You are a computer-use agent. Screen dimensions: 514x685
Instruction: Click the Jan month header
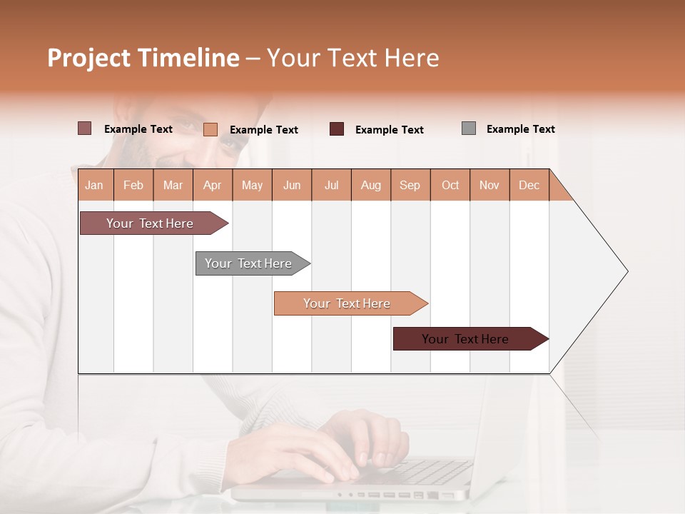[94, 185]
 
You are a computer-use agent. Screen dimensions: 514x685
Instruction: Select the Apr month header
[212, 185]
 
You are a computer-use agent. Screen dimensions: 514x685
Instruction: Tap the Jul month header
[331, 185]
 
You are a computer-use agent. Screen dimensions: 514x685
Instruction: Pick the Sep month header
[410, 185]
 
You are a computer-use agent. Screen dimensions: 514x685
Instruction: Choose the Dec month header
[529, 185]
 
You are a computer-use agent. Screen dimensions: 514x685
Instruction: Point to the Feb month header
[133, 185]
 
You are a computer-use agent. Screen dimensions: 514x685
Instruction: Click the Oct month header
[450, 185]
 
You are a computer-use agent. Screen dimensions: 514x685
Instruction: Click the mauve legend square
[84, 128]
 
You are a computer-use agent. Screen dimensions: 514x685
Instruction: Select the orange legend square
[210, 129]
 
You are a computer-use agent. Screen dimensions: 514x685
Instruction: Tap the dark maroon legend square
[336, 129]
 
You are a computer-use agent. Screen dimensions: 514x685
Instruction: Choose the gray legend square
[469, 128]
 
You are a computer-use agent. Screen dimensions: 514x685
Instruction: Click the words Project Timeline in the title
[143, 58]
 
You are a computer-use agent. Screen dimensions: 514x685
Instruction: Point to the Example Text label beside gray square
[520, 129]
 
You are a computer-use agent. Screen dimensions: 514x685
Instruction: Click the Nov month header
[489, 185]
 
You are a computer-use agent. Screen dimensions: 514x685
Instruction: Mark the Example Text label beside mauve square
[138, 129]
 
